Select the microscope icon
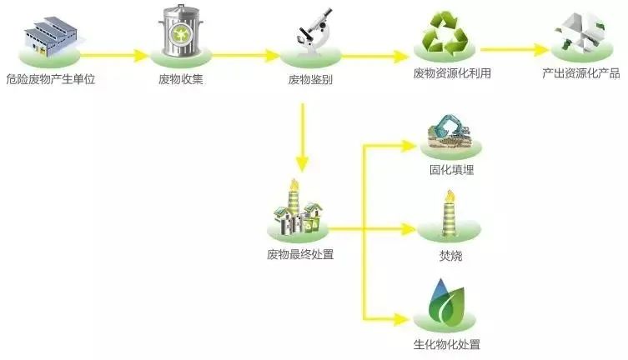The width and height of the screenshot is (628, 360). pos(314,31)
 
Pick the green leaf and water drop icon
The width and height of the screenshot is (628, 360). pos(445,301)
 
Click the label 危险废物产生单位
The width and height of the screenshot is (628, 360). pos(51,79)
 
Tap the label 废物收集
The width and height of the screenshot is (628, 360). pos(181,79)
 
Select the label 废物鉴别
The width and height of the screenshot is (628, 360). pos(310,79)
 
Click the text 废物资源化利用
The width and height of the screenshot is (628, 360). pos(452,73)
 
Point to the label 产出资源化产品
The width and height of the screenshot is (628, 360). pos(581,73)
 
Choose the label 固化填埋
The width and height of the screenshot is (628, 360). pos(451,170)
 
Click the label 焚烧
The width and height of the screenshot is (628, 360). pos(450,256)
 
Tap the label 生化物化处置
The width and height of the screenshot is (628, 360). pos(446,344)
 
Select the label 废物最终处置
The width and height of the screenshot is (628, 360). pos(300,254)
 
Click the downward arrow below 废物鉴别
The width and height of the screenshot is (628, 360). pos(303,138)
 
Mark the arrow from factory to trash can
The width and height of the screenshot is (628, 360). pos(114,55)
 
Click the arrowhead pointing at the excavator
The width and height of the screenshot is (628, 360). pos(409,147)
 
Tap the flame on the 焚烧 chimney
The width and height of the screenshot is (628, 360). pos(450,197)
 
